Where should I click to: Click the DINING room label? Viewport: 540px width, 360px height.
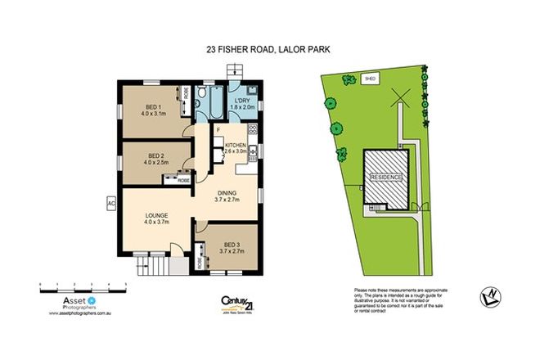pos(227,193)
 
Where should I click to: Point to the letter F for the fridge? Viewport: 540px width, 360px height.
pos(218,130)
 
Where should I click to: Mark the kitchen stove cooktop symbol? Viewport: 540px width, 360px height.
pos(254,128)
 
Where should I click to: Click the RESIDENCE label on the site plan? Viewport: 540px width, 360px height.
pos(386,177)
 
